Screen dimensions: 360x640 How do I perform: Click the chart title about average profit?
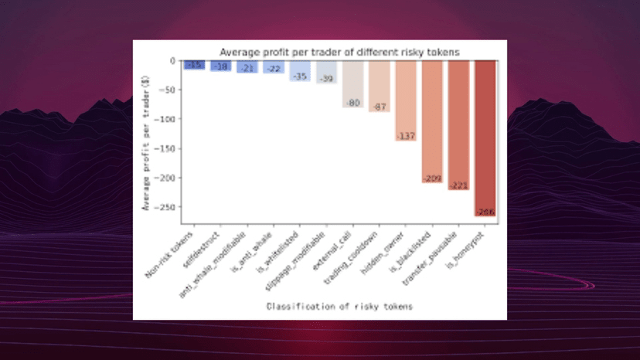tap(340, 52)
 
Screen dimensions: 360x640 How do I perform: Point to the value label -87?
tap(380, 107)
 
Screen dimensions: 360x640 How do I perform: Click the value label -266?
tap(485, 212)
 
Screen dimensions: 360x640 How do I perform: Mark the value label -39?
tap(327, 79)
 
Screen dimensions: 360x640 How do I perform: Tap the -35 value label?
tap(300, 76)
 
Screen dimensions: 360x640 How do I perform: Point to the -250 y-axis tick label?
tap(167, 207)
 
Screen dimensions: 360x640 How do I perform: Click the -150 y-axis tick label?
tap(167, 148)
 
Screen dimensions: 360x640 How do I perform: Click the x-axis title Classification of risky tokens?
tap(339, 307)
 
